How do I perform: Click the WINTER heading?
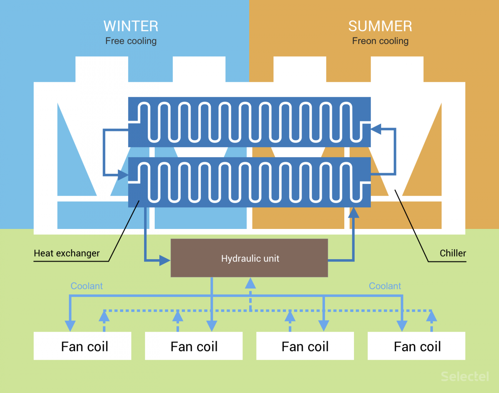click(x=131, y=26)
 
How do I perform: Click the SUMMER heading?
click(x=380, y=26)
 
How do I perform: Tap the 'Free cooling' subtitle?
click(x=131, y=41)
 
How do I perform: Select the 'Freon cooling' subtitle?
click(x=380, y=41)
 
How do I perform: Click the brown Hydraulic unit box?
click(x=249, y=258)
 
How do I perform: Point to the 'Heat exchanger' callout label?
click(x=67, y=254)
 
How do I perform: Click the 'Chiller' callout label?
click(x=453, y=253)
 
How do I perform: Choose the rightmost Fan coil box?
click(x=416, y=346)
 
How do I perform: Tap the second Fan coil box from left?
click(x=194, y=346)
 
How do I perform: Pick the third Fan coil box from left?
click(x=305, y=346)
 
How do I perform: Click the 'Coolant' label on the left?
click(x=86, y=286)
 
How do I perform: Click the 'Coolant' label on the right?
click(x=385, y=286)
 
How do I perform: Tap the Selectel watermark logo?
click(x=465, y=376)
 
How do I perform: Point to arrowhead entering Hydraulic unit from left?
click(x=165, y=260)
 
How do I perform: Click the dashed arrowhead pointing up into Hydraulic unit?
click(x=250, y=284)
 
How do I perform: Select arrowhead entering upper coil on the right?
click(x=376, y=129)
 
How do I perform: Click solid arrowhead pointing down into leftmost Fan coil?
click(x=70, y=325)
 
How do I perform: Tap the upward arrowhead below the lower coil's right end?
click(x=353, y=213)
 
